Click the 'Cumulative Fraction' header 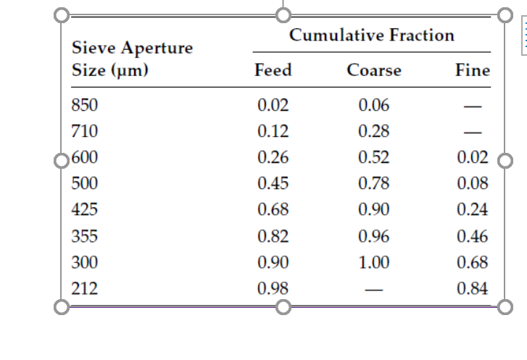click(371, 35)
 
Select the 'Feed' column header click(273, 70)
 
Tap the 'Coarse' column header click(373, 70)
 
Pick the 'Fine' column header click(473, 70)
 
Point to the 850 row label click(86, 106)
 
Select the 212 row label click(86, 288)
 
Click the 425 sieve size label click(86, 210)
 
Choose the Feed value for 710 click(273, 132)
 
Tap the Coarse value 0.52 click(374, 158)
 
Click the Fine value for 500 click(473, 184)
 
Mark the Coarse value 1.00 click(374, 262)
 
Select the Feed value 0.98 click(273, 288)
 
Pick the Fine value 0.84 click(473, 288)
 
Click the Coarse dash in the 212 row click(374, 289)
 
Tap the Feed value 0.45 click(273, 184)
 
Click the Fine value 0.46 click(473, 236)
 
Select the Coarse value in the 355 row click(374, 236)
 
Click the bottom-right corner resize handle click(505, 306)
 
